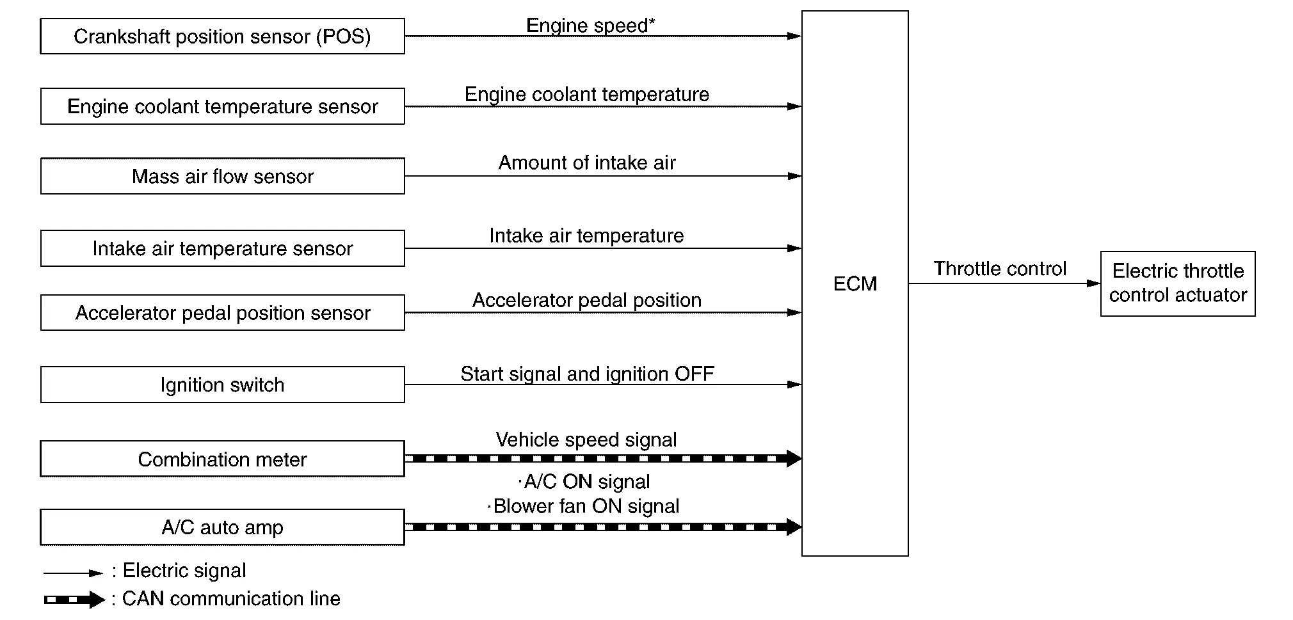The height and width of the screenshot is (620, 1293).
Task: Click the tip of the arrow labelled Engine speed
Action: click(x=801, y=36)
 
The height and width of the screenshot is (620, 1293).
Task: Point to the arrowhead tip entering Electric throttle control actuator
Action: click(x=1100, y=283)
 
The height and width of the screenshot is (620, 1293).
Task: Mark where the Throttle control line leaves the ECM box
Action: click(x=908, y=283)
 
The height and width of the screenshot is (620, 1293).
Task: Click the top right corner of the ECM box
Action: click(x=908, y=11)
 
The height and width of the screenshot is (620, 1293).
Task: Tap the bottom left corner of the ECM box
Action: click(x=802, y=555)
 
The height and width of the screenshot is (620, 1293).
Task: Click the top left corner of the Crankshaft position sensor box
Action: click(x=41, y=19)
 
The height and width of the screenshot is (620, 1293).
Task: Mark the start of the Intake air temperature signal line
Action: click(x=405, y=248)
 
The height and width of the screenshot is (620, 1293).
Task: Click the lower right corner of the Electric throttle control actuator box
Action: click(x=1255, y=315)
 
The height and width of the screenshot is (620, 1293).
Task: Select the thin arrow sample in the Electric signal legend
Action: click(x=73, y=573)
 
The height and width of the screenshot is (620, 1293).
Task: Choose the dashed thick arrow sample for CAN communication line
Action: click(x=74, y=600)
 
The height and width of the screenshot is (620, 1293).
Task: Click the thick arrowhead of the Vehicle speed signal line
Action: click(x=794, y=458)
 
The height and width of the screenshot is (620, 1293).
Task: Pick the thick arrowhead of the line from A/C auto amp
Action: click(x=794, y=527)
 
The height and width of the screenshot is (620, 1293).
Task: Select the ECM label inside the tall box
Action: click(x=855, y=283)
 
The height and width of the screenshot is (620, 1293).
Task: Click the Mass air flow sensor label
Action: click(x=223, y=176)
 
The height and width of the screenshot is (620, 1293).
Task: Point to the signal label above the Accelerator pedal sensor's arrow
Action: click(x=587, y=301)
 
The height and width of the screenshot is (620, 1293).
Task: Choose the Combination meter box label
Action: click(x=223, y=459)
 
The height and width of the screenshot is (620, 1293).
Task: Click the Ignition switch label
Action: click(x=222, y=385)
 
